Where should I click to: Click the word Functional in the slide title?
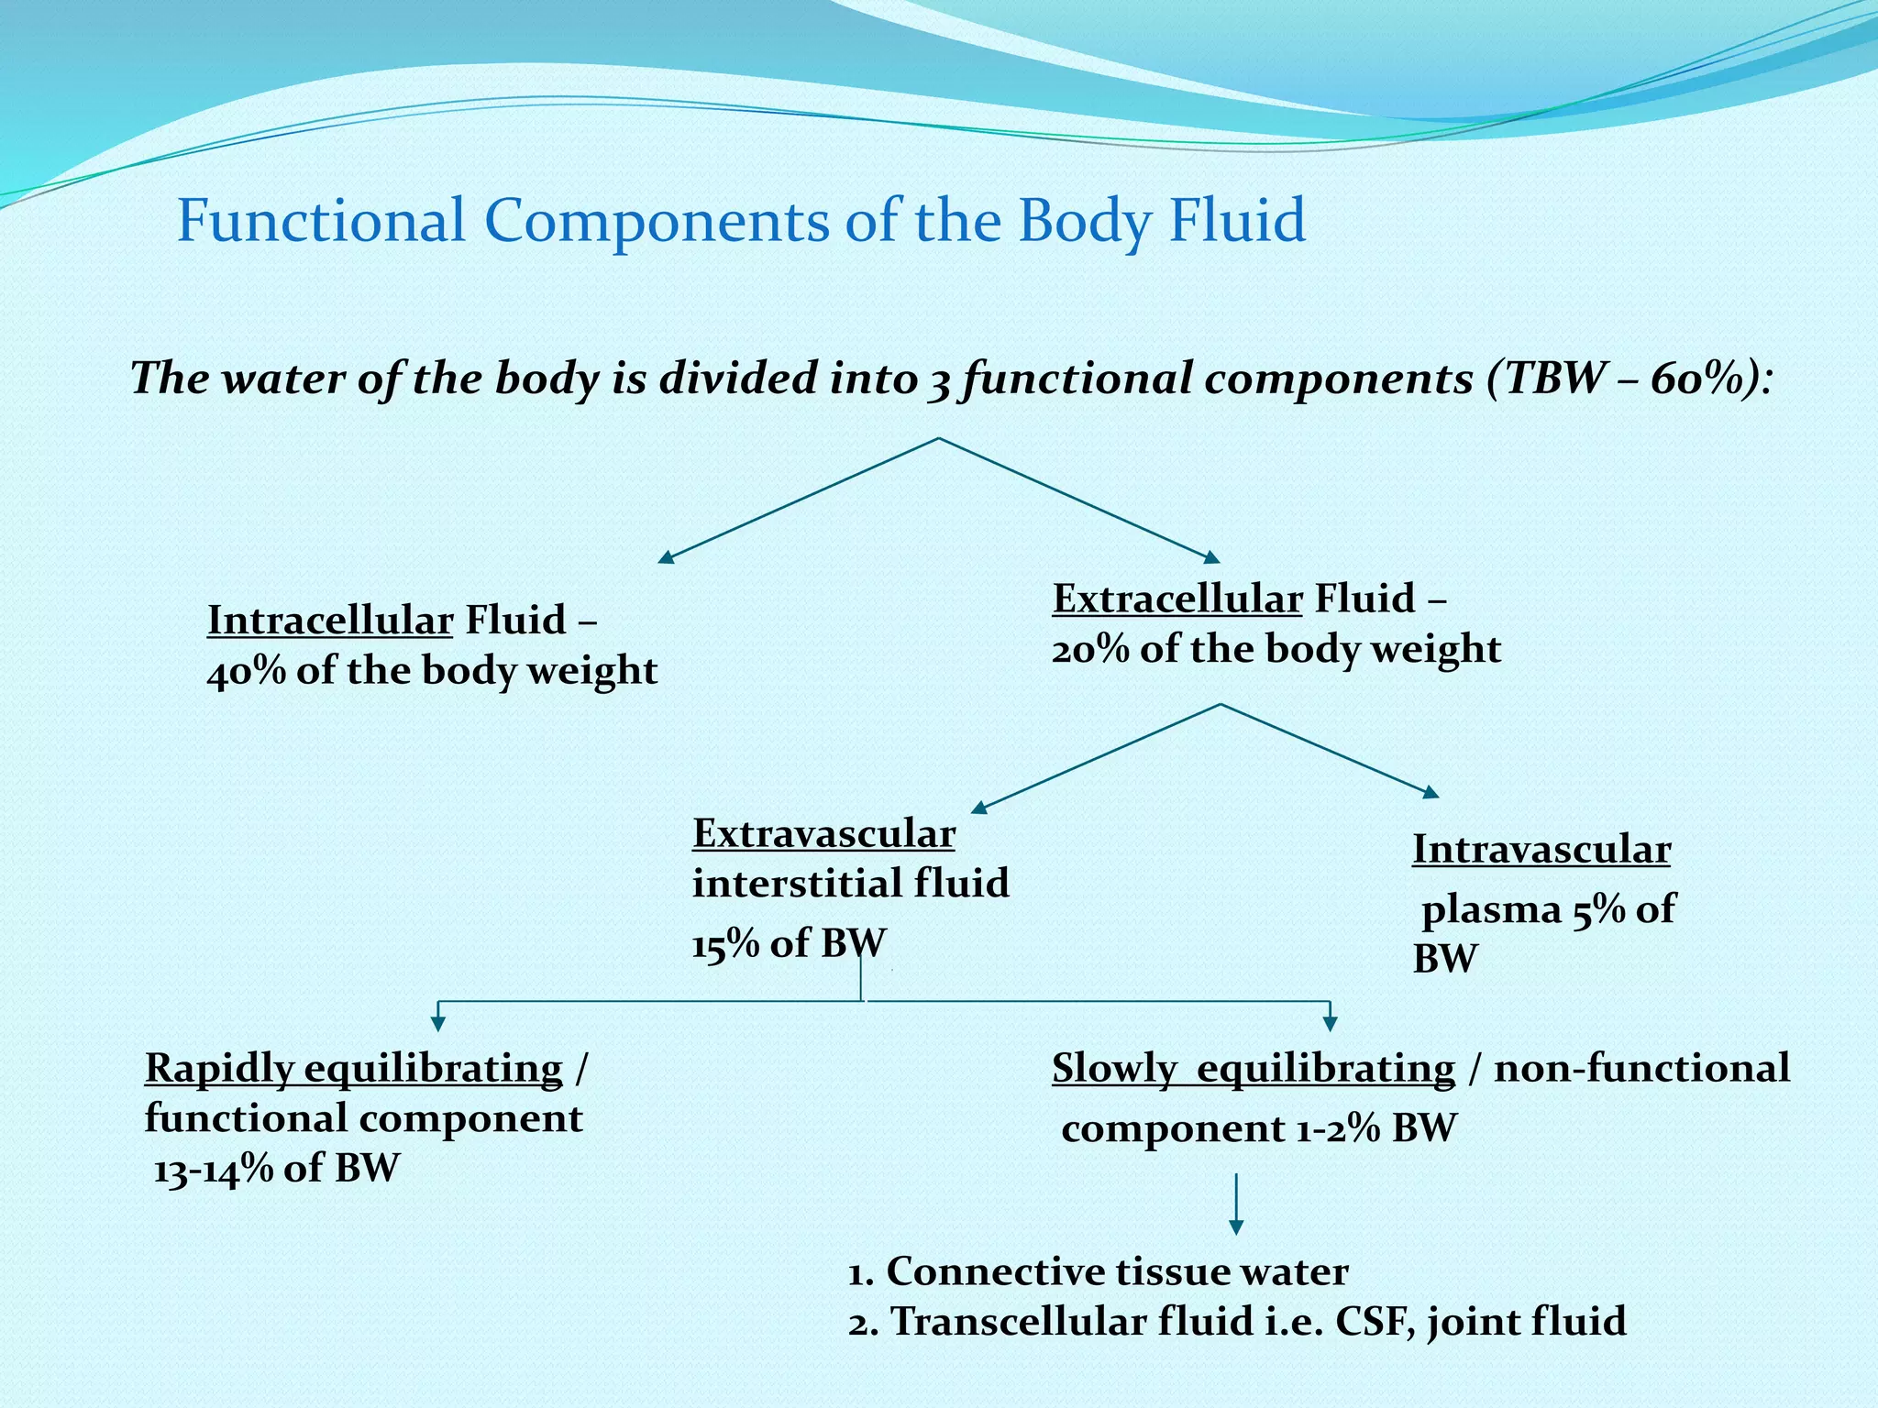(x=321, y=221)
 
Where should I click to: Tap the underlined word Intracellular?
(x=330, y=621)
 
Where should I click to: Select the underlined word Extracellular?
(x=1177, y=599)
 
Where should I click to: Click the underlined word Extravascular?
(x=823, y=834)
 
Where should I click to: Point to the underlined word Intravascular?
(x=1541, y=850)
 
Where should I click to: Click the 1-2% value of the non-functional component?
(x=1338, y=1128)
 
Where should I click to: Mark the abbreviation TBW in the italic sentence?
(x=1547, y=379)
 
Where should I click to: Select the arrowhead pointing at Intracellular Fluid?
(x=666, y=556)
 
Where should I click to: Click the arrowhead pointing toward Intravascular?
(x=1430, y=792)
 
